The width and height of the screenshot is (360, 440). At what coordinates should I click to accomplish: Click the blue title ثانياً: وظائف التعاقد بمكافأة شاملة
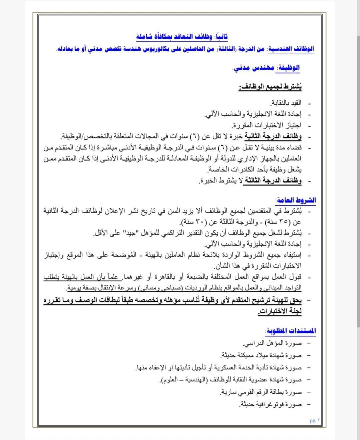point(182,36)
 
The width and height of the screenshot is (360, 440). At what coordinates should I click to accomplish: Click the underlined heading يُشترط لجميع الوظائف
point(270,87)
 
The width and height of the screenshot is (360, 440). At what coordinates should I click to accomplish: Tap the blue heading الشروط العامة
point(296,200)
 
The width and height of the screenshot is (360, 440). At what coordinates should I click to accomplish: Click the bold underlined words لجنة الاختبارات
point(280,311)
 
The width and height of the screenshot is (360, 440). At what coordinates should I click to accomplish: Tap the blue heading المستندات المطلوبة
point(291,331)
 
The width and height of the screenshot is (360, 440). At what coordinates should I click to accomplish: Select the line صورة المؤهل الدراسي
point(272,343)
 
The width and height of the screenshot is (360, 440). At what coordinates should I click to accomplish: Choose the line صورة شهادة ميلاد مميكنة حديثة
point(261,355)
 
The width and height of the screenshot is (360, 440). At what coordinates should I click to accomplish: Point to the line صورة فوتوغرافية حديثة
point(270,404)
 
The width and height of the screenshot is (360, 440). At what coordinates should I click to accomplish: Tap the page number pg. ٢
point(314,420)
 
